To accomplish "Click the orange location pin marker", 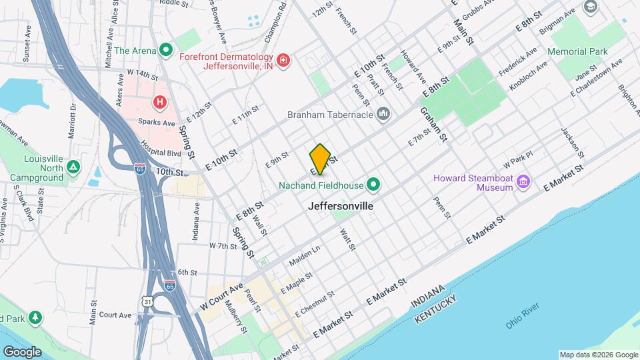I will pos(321,158).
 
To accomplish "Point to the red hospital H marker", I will pos(159,102).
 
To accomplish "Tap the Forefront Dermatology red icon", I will pos(284,61).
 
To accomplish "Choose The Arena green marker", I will pos(166,50).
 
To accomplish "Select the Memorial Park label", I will pos(577,51).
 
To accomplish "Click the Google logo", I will pos(22,351).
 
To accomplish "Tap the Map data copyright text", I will pos(598,355).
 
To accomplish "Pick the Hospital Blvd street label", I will pos(160,145).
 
